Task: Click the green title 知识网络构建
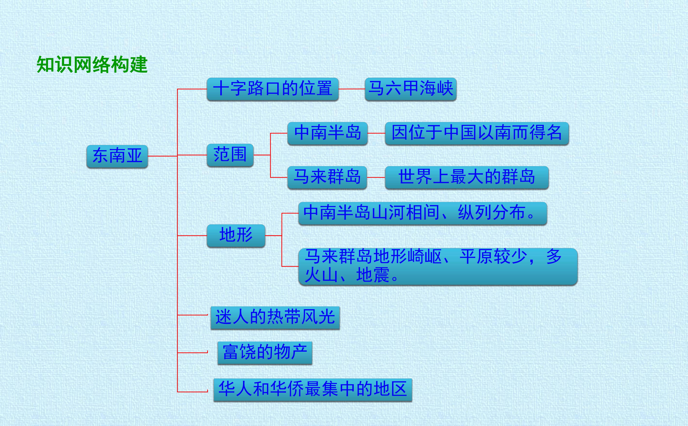click(x=92, y=64)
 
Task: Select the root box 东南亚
click(x=117, y=156)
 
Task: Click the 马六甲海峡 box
click(x=411, y=89)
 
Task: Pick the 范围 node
click(x=230, y=155)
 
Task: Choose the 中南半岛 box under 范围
click(x=327, y=133)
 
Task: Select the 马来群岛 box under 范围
click(x=327, y=178)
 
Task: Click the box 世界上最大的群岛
click(x=467, y=178)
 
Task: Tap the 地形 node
click(x=236, y=235)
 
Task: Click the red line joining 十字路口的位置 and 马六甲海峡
click(x=352, y=89)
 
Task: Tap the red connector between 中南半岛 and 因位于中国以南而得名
click(x=376, y=133)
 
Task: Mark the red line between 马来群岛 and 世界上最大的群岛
click(x=376, y=178)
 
